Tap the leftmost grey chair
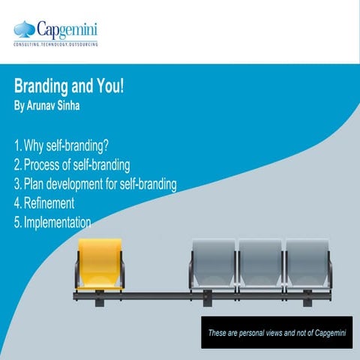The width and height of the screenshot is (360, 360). tap(213, 264)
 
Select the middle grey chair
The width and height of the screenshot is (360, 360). tap(259, 264)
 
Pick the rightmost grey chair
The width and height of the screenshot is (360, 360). tap(306, 264)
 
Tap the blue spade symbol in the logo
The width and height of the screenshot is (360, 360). tap(25, 30)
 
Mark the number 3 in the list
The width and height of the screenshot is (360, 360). tap(16, 184)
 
